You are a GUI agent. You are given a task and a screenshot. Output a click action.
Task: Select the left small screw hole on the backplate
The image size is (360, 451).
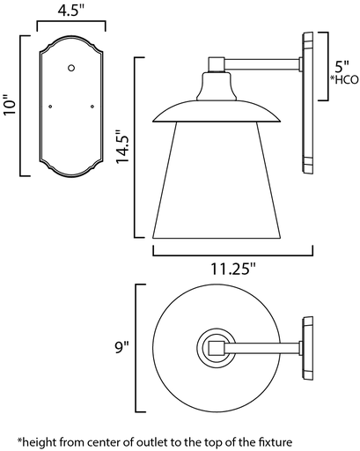(50, 107)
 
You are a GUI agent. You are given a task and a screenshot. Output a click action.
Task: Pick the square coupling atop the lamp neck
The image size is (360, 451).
(216, 63)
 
